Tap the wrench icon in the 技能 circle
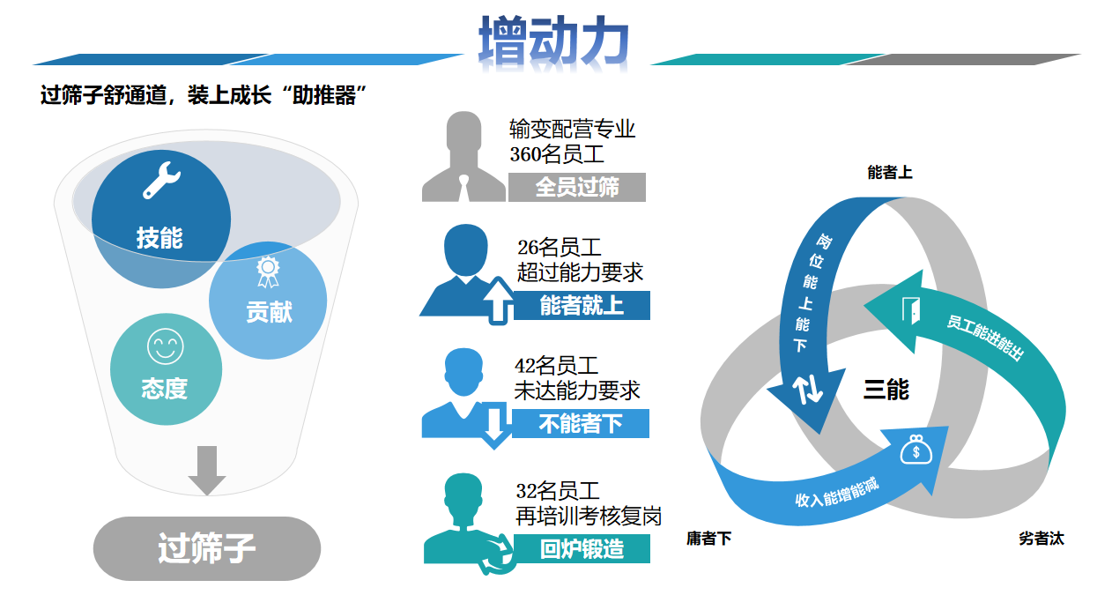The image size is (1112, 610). click(x=162, y=180)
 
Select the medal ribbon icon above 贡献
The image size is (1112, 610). click(x=268, y=272)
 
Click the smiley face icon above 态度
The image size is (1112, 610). click(x=166, y=346)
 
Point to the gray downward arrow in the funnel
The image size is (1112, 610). click(x=207, y=471)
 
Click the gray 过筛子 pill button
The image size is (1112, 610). click(x=207, y=548)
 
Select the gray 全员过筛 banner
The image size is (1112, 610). click(x=577, y=187)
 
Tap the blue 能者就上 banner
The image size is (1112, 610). click(x=582, y=305)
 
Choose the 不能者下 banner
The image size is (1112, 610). click(x=581, y=423)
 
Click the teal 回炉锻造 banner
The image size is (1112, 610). click(x=582, y=548)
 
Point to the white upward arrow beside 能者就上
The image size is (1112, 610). click(x=499, y=301)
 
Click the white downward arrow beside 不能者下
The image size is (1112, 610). click(x=494, y=426)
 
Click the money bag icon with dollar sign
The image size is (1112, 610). click(x=916, y=450)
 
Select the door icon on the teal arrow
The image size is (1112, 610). click(x=911, y=310)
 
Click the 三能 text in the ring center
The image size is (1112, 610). click(x=886, y=390)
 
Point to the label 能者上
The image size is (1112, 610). click(x=890, y=173)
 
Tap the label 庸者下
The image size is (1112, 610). click(x=708, y=538)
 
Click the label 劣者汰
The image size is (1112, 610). click(x=1041, y=538)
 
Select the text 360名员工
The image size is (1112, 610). click(x=557, y=154)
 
